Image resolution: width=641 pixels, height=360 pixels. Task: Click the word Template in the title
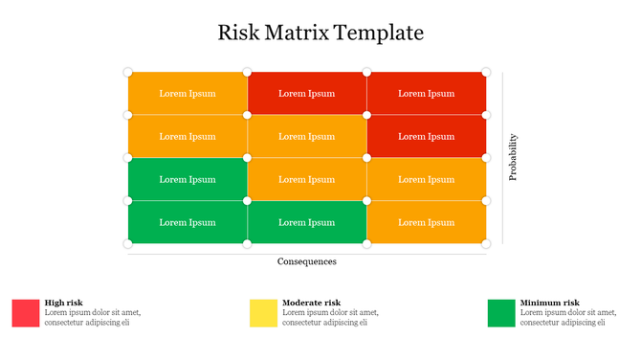pos(381,34)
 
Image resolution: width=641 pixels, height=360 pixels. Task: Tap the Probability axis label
pos(513,157)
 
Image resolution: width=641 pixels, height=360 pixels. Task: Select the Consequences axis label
pos(307,261)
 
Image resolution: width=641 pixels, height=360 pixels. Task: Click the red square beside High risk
pos(26,313)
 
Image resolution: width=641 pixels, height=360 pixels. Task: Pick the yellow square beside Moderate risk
pos(263,313)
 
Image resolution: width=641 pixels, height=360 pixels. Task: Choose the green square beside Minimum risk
pos(501,313)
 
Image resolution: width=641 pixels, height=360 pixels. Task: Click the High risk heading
pos(63,303)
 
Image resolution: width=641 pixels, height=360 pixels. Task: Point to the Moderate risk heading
pos(311,303)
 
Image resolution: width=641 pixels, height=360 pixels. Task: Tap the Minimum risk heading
pos(549,303)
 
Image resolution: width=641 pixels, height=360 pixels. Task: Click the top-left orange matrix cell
pos(188,93)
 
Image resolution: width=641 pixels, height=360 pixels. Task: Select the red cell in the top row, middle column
pos(307,93)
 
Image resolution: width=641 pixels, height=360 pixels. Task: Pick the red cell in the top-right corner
pos(427,93)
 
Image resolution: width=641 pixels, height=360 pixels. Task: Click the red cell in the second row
pos(427,136)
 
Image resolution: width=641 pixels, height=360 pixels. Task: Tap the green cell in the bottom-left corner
pos(188,222)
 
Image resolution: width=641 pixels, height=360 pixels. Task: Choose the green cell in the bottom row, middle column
pos(307,222)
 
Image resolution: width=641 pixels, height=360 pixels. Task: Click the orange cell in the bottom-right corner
pos(427,222)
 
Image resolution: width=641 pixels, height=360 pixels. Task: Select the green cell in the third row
pos(188,179)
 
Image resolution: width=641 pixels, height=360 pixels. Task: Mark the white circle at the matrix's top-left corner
pos(128,72)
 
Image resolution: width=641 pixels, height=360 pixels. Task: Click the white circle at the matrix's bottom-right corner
pos(486,243)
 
